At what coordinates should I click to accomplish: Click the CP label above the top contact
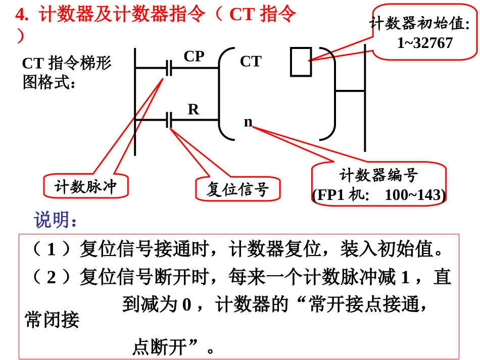(194, 56)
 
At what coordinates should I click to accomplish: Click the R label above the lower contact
(193, 109)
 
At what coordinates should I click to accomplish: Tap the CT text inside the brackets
(251, 62)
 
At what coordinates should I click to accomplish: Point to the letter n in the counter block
(248, 122)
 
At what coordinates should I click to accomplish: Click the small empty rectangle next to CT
(301, 62)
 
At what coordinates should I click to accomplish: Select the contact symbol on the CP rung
(169, 68)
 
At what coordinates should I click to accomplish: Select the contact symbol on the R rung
(169, 120)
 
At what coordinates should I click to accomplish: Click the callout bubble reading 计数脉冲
(85, 187)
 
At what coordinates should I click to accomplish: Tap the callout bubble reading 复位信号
(237, 189)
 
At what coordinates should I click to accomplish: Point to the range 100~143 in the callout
(415, 195)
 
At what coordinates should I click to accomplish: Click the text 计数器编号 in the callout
(378, 175)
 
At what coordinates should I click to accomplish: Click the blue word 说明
(56, 220)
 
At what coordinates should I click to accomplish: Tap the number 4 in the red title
(20, 15)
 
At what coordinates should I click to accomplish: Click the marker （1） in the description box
(51, 249)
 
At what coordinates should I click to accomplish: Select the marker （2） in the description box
(51, 277)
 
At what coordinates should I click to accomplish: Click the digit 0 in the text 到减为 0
(186, 305)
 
